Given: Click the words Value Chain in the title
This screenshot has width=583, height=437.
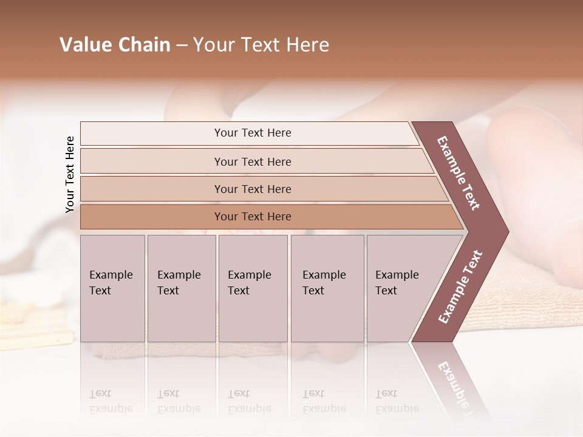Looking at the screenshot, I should pyautogui.click(x=115, y=45).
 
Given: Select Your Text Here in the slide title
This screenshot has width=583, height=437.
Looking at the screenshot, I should pyautogui.click(x=261, y=45).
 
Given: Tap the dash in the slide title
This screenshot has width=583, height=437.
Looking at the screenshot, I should pyautogui.click(x=182, y=46).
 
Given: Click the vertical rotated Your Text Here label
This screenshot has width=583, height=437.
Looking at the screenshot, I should pyautogui.click(x=70, y=175).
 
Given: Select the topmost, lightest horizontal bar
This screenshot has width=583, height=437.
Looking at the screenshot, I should pyautogui.click(x=252, y=133).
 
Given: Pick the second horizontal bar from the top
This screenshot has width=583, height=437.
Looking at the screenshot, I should pyautogui.click(x=252, y=161).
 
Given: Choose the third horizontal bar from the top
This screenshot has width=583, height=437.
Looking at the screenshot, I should pyautogui.click(x=252, y=189).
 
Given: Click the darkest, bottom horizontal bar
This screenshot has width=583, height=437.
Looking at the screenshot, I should pyautogui.click(x=252, y=217).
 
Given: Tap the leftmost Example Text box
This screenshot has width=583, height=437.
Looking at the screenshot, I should pyautogui.click(x=112, y=288).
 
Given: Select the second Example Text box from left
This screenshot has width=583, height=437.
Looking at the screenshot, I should pyautogui.click(x=181, y=288).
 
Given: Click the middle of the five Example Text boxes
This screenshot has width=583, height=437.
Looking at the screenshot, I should pyautogui.click(x=252, y=288).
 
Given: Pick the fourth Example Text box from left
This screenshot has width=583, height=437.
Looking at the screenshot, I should pyautogui.click(x=327, y=288).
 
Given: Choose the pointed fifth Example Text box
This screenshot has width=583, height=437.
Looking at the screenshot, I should pyautogui.click(x=401, y=288).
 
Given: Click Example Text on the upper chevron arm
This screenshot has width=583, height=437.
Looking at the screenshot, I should pyautogui.click(x=459, y=173).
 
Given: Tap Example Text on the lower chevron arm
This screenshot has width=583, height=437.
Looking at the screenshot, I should pyautogui.click(x=460, y=286).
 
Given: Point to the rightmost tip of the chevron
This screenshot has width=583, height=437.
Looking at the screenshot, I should pyautogui.click(x=508, y=231).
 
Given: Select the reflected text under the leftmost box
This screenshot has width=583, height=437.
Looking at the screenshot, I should pyautogui.click(x=111, y=401).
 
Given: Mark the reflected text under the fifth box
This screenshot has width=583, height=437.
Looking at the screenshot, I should pyautogui.click(x=397, y=401).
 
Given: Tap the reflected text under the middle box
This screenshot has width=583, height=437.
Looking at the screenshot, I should pyautogui.click(x=249, y=401).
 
